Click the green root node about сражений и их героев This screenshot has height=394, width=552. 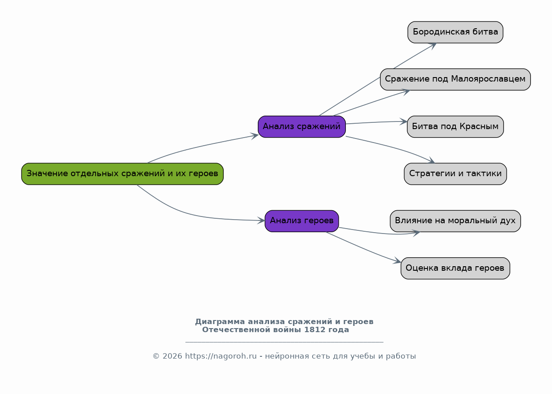[122, 174]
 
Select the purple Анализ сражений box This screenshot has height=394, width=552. [301, 127]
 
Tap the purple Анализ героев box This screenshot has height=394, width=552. [301, 221]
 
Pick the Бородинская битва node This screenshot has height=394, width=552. [455, 32]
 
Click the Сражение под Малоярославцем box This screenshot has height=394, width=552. [455, 79]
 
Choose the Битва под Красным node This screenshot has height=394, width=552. [455, 127]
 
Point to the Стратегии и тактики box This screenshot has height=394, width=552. [455, 174]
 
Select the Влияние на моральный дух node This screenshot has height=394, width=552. [455, 221]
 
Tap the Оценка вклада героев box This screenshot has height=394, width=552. [455, 268]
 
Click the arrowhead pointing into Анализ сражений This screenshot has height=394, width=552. [255, 135]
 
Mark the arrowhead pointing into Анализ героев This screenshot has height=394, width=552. [261, 221]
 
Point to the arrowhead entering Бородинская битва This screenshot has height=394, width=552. [433, 45]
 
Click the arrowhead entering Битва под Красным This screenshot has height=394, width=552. [403, 121]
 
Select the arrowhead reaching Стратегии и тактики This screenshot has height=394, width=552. [432, 161]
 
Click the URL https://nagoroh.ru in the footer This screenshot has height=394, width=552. [221, 356]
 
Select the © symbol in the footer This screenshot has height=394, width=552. [156, 356]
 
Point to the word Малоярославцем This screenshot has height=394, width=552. [488, 79]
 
